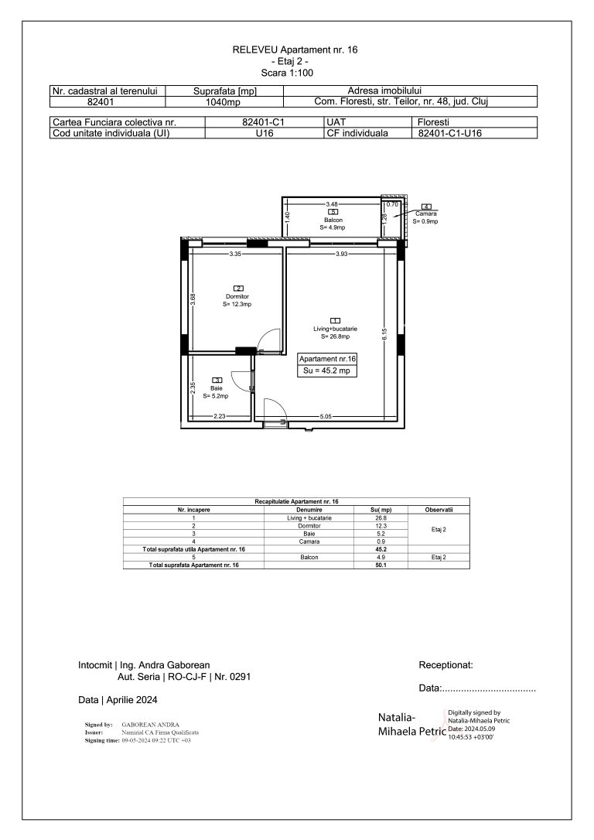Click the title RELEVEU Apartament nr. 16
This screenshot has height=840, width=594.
tap(295, 50)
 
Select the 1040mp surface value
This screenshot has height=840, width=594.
tap(225, 101)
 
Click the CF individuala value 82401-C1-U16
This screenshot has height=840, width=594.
tap(450, 133)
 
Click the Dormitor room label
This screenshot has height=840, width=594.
tap(237, 297)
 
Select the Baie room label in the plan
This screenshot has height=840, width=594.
tap(217, 389)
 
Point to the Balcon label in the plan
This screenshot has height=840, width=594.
tap(333, 220)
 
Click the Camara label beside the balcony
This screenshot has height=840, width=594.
tap(425, 213)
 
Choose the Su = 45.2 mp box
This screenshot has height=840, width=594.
tap(329, 371)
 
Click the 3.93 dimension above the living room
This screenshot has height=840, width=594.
tap(340, 254)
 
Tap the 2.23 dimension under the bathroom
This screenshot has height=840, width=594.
tap(220, 417)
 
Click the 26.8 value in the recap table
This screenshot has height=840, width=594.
tap(381, 518)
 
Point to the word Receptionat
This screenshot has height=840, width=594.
tap(445, 664)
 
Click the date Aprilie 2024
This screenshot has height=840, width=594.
tap(118, 700)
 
